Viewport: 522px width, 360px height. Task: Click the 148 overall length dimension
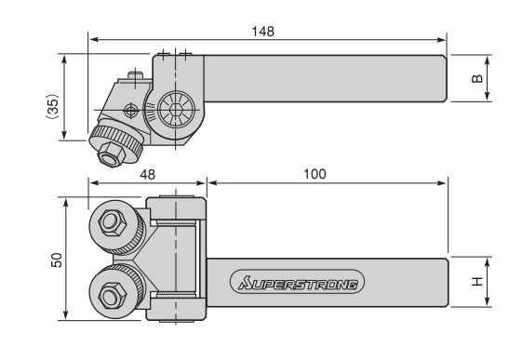click(x=262, y=32)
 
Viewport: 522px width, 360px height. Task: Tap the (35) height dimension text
click(x=52, y=106)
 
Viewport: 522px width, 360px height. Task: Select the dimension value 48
click(x=147, y=174)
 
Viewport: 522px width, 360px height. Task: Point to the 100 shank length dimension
click(x=315, y=174)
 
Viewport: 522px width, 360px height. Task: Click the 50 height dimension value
click(x=57, y=260)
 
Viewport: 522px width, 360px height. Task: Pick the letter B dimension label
click(x=477, y=78)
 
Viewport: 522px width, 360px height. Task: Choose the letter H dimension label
click(x=477, y=282)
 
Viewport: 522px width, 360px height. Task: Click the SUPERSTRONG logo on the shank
click(x=297, y=282)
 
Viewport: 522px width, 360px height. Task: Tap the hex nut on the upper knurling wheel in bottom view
click(x=113, y=222)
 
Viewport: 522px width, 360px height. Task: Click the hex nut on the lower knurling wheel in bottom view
click(x=113, y=296)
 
